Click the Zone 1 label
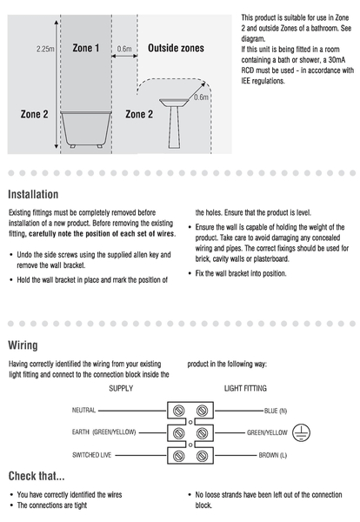[86, 48]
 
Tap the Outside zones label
[176, 48]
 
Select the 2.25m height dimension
[45, 49]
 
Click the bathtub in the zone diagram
[86, 129]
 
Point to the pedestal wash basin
[174, 124]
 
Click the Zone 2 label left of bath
[34, 114]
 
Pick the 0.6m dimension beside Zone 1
[124, 49]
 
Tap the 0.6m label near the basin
[201, 97]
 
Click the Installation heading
[33, 194]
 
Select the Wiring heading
[23, 345]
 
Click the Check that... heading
[37, 476]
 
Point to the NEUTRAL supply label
[83, 410]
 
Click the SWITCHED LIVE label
[92, 455]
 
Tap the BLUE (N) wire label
[276, 411]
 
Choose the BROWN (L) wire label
[273, 455]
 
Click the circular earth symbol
[301, 432]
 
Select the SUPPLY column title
[121, 388]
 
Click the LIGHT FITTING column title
[245, 388]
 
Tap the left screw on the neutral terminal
[179, 411]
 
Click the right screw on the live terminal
[202, 456]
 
